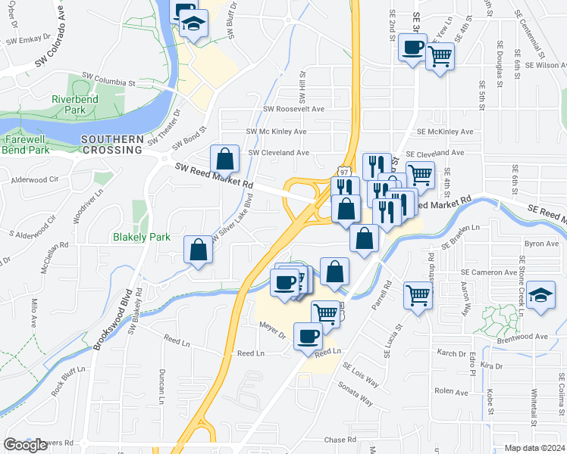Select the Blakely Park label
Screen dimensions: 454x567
[x=142, y=237]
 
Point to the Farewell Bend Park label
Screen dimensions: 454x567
[x=27, y=145]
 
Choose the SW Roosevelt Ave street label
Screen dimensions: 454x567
[x=293, y=109]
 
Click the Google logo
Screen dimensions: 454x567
[x=25, y=445]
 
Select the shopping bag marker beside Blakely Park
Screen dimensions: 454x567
[x=198, y=249]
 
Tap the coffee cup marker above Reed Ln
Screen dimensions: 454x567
[x=308, y=335]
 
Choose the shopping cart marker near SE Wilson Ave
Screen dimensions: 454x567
[x=440, y=55]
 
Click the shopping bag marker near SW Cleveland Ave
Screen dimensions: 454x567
[x=225, y=159]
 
